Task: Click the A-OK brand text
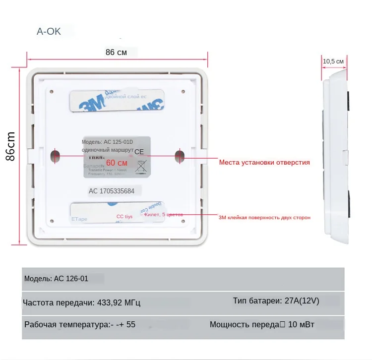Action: (x=49, y=32)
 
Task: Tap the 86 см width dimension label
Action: (x=116, y=52)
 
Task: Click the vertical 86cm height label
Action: (x=10, y=146)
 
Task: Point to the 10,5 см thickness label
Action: (x=333, y=61)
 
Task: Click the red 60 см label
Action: (x=117, y=163)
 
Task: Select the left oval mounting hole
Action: (x=55, y=156)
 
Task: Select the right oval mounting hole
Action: (x=179, y=156)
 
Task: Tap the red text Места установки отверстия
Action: (x=264, y=162)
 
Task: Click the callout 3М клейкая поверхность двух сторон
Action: (x=264, y=217)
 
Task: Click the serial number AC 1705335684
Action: (x=115, y=190)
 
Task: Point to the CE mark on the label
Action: (x=139, y=152)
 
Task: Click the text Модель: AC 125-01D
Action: (x=108, y=142)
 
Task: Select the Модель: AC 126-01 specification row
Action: (x=57, y=279)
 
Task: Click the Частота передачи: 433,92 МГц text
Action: (x=82, y=302)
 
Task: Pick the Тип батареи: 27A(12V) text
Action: (x=276, y=301)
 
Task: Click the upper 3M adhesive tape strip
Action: (x=117, y=100)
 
